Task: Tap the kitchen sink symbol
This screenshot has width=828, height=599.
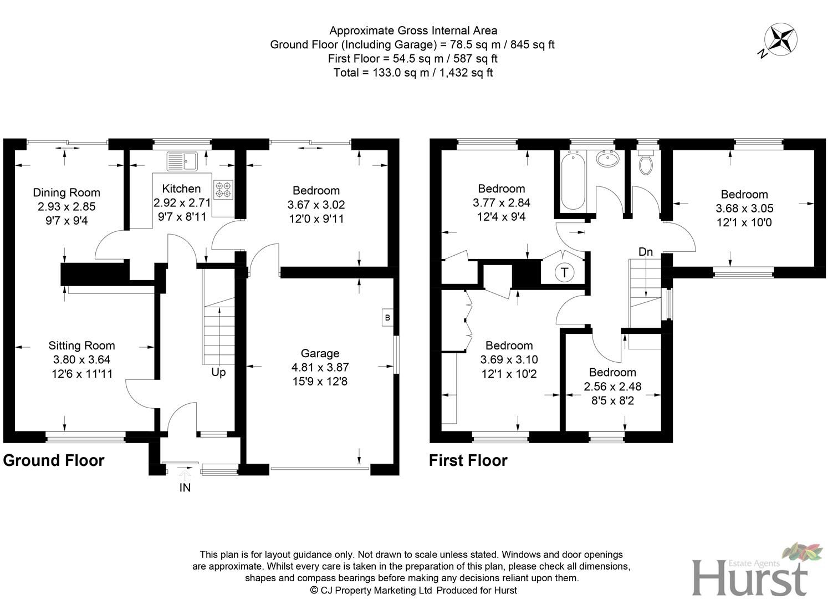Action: tap(181, 161)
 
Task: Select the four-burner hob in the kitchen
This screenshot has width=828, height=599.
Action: tap(224, 190)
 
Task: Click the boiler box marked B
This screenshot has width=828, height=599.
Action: tap(387, 318)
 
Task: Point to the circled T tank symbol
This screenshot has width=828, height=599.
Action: tap(564, 272)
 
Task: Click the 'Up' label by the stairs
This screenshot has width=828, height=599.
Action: tap(218, 372)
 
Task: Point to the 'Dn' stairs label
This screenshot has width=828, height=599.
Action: tap(646, 252)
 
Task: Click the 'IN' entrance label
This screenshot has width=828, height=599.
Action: tap(185, 488)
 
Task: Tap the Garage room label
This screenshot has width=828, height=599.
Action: tap(320, 353)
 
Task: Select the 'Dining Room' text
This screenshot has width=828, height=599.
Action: tap(67, 192)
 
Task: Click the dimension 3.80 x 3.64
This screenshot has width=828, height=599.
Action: tap(81, 359)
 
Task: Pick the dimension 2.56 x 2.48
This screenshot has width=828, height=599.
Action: tap(612, 387)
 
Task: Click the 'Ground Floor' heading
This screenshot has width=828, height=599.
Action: tap(54, 460)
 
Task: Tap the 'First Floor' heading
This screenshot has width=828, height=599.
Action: tap(468, 460)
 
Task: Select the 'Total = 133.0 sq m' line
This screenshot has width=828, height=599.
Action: tap(413, 72)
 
